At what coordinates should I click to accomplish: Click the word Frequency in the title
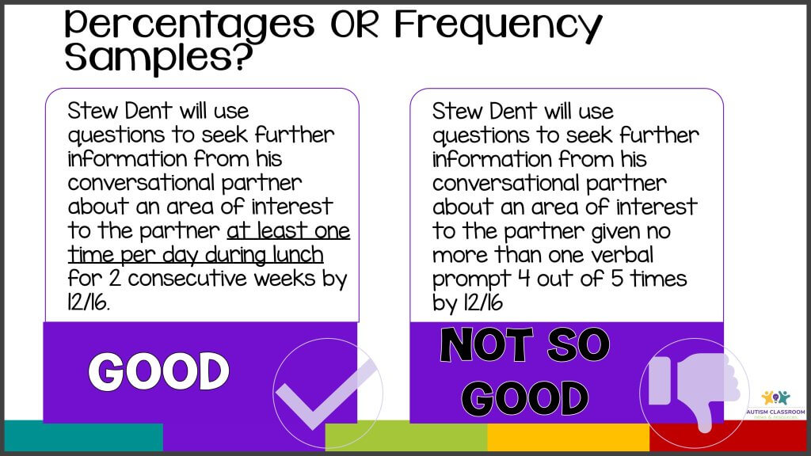click(498, 23)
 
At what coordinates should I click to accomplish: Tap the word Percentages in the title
click(189, 23)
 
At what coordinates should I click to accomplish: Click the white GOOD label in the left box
click(158, 371)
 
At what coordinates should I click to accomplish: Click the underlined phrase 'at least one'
click(288, 232)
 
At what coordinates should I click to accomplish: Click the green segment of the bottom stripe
click(405, 437)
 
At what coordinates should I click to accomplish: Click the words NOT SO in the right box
click(524, 346)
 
